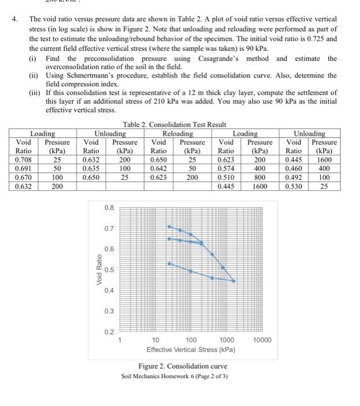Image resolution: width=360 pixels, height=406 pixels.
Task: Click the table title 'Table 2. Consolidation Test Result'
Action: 174,125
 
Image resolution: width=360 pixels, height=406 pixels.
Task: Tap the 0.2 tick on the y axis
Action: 109,332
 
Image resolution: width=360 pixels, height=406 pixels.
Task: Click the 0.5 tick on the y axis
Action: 109,270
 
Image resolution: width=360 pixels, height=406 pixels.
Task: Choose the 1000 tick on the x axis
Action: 227,340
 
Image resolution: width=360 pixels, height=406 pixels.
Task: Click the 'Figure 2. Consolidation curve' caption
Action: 183,366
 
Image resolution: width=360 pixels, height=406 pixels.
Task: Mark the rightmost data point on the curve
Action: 234,281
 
